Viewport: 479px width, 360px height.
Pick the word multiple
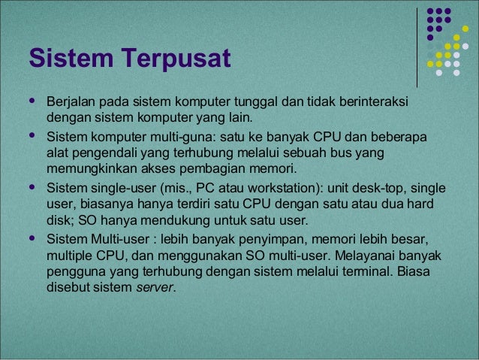coord(67,256)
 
